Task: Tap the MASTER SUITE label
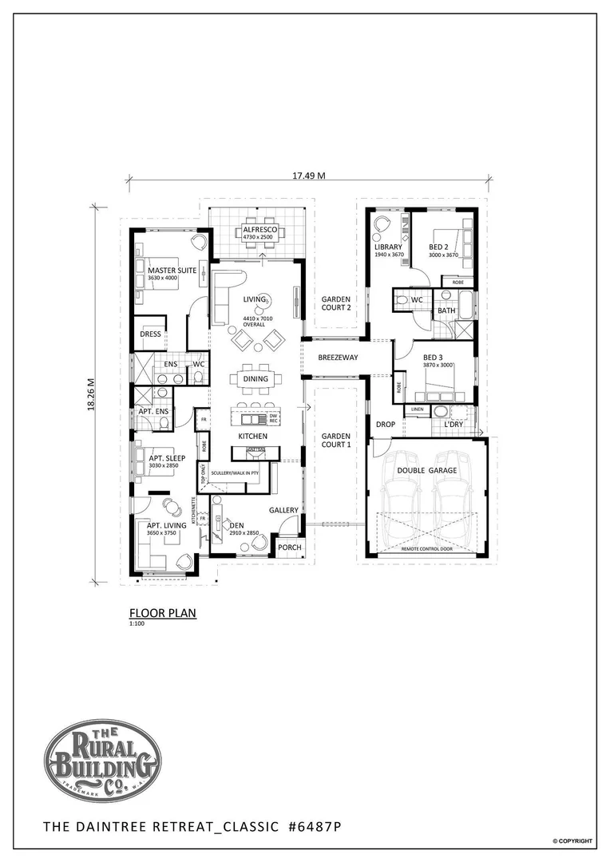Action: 172,271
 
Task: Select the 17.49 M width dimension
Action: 309,176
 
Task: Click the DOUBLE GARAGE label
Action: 426,471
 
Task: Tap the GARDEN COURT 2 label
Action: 336,303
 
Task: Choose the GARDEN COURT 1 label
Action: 336,441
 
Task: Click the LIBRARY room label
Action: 388,247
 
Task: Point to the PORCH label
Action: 289,548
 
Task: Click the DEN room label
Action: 236,526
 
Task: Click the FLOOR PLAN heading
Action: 162,613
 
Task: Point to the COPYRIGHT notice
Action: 572,841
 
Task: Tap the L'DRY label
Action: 453,425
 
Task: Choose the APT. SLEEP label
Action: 168,459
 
